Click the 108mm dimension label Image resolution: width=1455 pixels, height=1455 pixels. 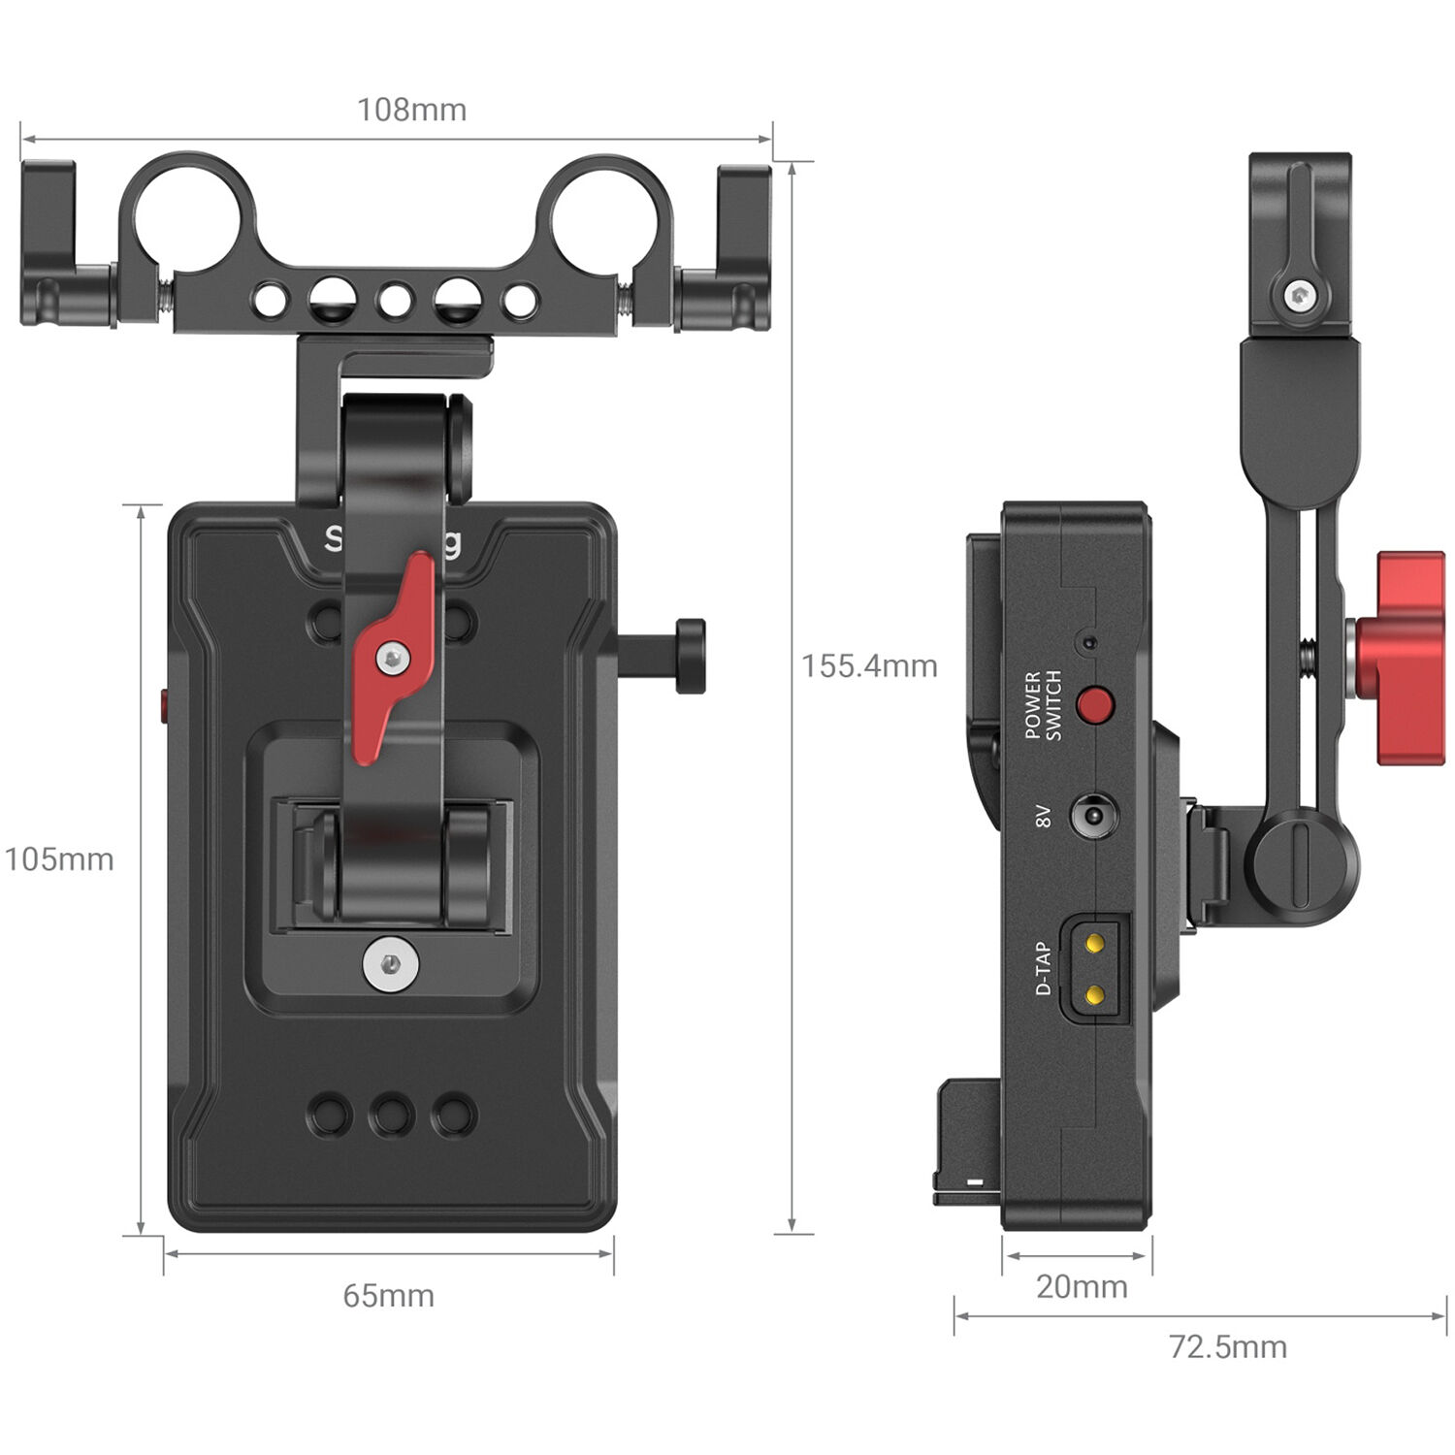tap(411, 110)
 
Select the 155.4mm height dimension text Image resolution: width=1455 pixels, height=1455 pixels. tap(869, 666)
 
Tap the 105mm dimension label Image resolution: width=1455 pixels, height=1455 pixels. tap(59, 859)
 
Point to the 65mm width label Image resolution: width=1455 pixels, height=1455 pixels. tap(388, 1296)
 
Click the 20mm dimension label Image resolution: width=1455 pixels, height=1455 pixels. tap(1082, 1287)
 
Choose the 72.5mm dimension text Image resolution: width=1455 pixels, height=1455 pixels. tap(1227, 1346)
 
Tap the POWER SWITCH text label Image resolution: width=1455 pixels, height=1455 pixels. tap(1043, 705)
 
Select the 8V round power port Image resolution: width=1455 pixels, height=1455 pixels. tap(1092, 816)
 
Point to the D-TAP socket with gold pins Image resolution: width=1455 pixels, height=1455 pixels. tap(1095, 968)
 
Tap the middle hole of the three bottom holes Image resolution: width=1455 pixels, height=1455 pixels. tap(391, 1115)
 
